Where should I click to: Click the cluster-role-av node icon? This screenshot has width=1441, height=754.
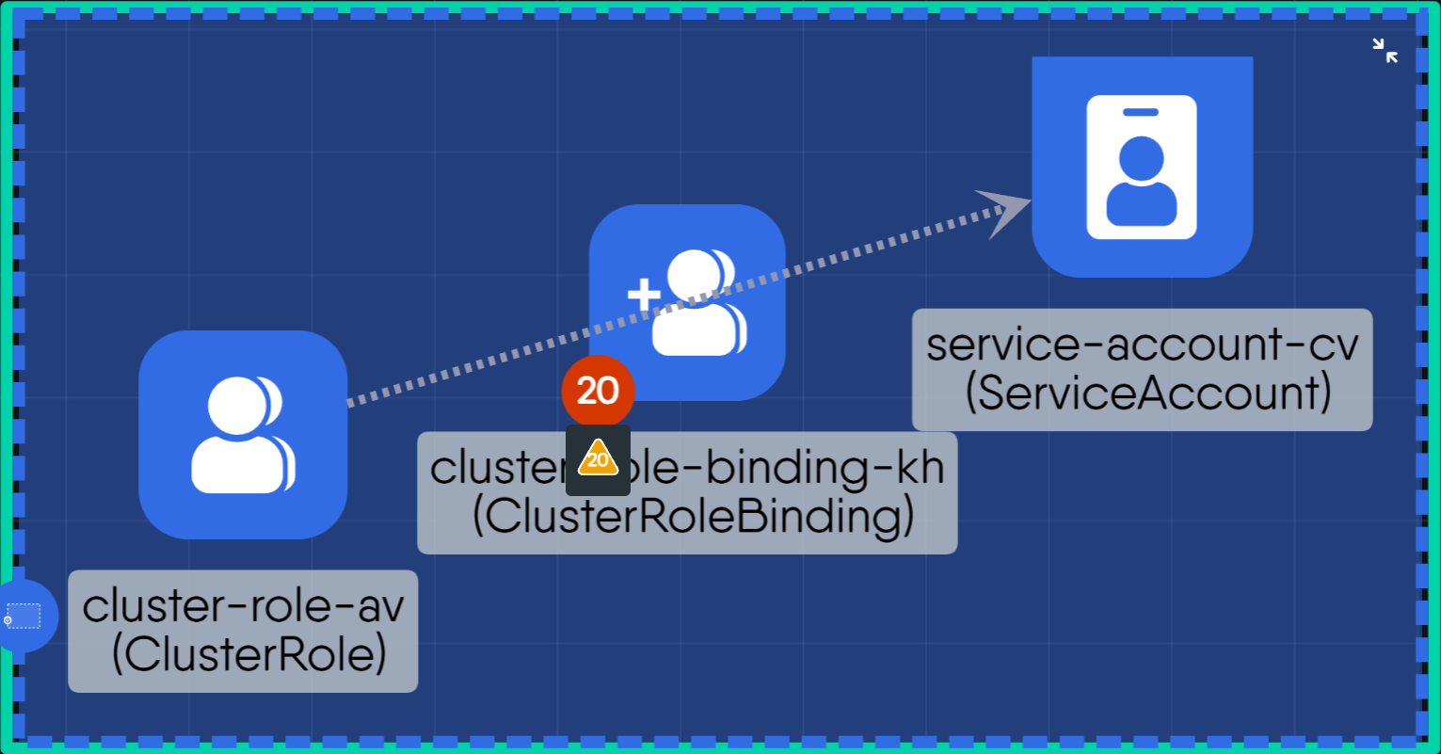click(x=243, y=435)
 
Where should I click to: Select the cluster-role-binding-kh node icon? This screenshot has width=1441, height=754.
click(x=687, y=302)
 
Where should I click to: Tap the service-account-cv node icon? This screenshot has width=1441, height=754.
click(x=1142, y=167)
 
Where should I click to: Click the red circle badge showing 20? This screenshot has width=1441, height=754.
click(x=598, y=391)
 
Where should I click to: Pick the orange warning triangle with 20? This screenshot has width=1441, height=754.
click(x=598, y=459)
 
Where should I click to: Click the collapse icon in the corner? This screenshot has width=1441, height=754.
click(x=1385, y=51)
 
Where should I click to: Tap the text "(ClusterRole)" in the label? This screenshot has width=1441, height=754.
click(x=248, y=655)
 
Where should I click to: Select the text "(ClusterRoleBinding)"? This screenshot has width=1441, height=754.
click(x=693, y=517)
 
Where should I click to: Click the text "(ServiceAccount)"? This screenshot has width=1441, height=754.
click(x=1147, y=393)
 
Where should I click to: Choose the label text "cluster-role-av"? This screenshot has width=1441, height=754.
click(x=243, y=605)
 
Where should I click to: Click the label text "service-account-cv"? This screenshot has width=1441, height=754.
click(x=1143, y=344)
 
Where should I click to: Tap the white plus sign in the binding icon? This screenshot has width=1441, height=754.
click(x=645, y=296)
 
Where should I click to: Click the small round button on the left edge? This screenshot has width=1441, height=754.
click(x=23, y=617)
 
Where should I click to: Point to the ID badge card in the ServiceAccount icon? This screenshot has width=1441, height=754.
click(x=1142, y=167)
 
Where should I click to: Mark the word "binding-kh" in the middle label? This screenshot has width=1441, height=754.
click(x=825, y=468)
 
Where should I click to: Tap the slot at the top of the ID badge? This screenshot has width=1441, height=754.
click(x=1141, y=112)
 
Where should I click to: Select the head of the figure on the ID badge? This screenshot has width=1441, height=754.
click(x=1141, y=159)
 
